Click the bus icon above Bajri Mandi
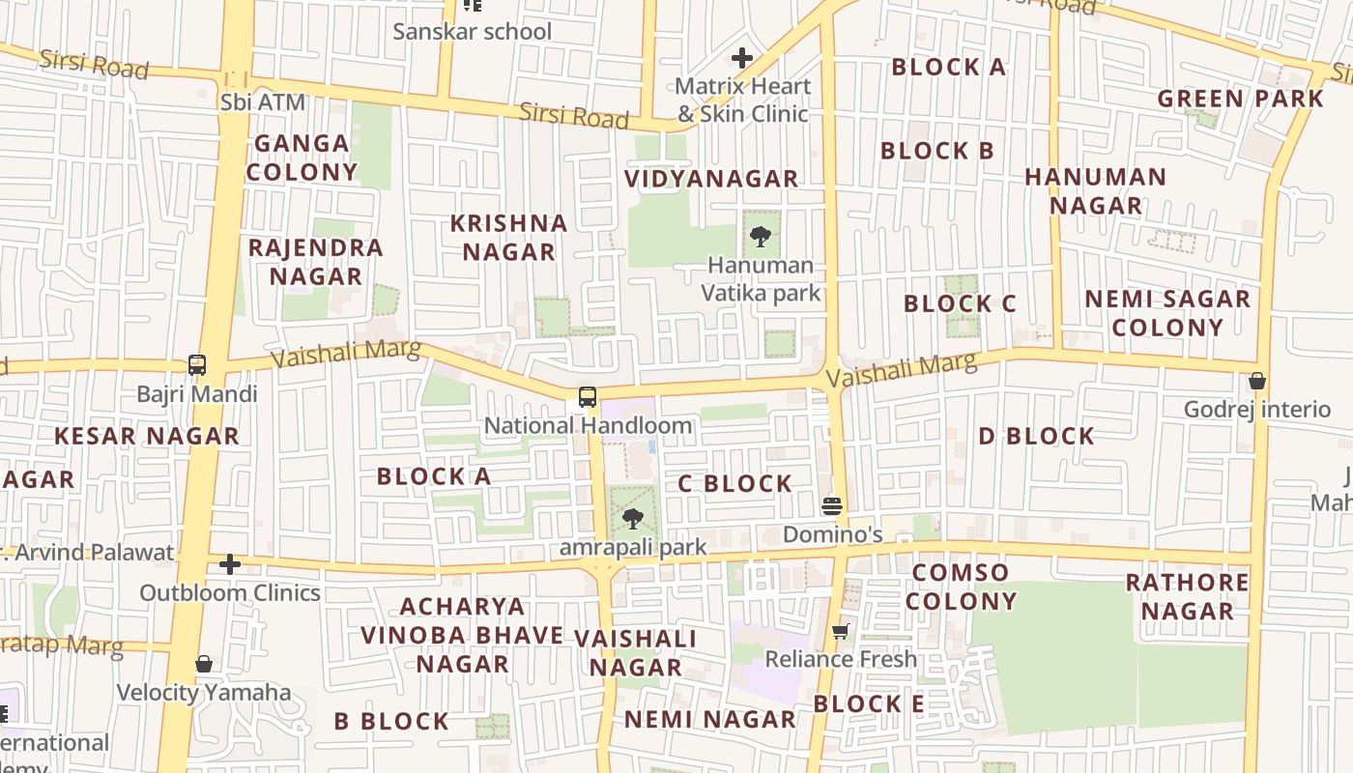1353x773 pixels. pyautogui.click(x=197, y=365)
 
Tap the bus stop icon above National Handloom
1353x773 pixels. pyautogui.click(x=588, y=396)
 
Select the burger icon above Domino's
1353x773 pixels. pyautogui.click(x=831, y=505)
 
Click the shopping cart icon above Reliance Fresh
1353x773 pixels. pyautogui.click(x=841, y=631)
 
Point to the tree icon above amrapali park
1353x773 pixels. pyautogui.click(x=633, y=519)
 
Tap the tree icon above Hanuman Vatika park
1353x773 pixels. pyautogui.click(x=761, y=236)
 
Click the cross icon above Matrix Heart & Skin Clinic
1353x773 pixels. pyautogui.click(x=742, y=58)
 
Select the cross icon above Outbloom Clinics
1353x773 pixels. pyautogui.click(x=230, y=564)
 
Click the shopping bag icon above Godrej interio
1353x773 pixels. pyautogui.click(x=1257, y=381)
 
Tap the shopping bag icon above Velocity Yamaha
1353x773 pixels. pyautogui.click(x=204, y=664)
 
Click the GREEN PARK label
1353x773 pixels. pyautogui.click(x=1240, y=99)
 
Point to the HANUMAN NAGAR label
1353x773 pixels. pyautogui.click(x=1096, y=191)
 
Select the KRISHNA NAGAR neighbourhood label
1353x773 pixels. pyautogui.click(x=509, y=238)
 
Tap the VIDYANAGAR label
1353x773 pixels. pyautogui.click(x=711, y=179)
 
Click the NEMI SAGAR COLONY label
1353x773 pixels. pyautogui.click(x=1167, y=313)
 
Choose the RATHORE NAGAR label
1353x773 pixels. pyautogui.click(x=1187, y=596)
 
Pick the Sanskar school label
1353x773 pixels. pyautogui.click(x=472, y=31)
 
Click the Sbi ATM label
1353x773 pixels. pyautogui.click(x=263, y=101)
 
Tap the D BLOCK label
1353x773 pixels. pyautogui.click(x=1036, y=436)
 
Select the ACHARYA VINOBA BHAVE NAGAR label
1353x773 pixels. pyautogui.click(x=463, y=635)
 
